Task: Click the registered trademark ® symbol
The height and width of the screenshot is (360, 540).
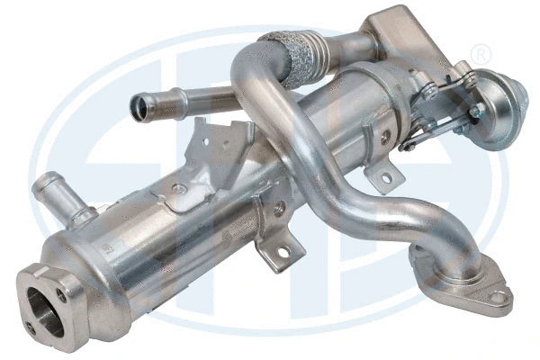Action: [x=481, y=54]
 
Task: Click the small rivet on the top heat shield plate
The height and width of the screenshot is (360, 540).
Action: [x=181, y=188]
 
